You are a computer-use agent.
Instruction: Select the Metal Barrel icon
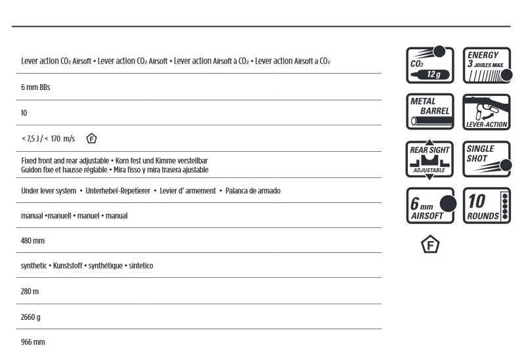click(430, 112)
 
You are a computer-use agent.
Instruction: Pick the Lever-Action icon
click(486, 112)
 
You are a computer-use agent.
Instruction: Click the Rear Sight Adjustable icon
click(430, 158)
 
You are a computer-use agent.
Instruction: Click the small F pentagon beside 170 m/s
click(92, 139)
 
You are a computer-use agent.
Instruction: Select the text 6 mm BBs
click(35, 87)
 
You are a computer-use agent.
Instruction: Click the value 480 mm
click(32, 240)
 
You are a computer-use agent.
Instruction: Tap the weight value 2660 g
click(31, 317)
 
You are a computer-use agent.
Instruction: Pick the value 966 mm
click(33, 342)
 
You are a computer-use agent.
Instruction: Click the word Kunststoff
click(70, 266)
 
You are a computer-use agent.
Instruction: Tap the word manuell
click(62, 215)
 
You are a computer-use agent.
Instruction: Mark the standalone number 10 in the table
click(24, 113)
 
